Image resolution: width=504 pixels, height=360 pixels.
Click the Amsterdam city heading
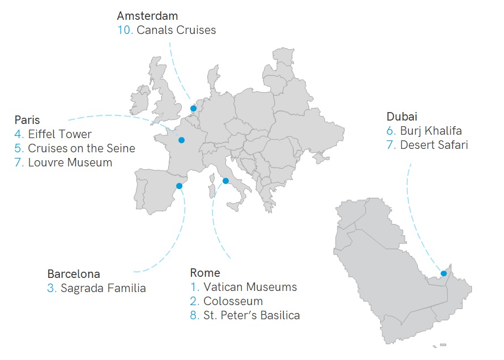click(x=147, y=16)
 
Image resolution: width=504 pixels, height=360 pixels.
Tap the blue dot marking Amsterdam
click(x=193, y=108)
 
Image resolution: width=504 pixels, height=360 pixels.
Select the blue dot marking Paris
click(x=181, y=140)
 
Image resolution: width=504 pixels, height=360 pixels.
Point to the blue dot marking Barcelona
click(x=179, y=186)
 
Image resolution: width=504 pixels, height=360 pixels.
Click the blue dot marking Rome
click(x=225, y=181)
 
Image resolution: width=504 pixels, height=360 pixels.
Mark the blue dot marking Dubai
click(x=443, y=273)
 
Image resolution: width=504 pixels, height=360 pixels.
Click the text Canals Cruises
click(x=176, y=30)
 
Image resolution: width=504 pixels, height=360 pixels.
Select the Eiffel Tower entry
click(x=59, y=134)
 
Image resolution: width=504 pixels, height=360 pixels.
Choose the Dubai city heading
click(x=402, y=117)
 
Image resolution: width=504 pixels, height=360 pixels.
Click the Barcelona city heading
click(x=74, y=274)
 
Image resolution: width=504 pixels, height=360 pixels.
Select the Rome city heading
click(x=205, y=273)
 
